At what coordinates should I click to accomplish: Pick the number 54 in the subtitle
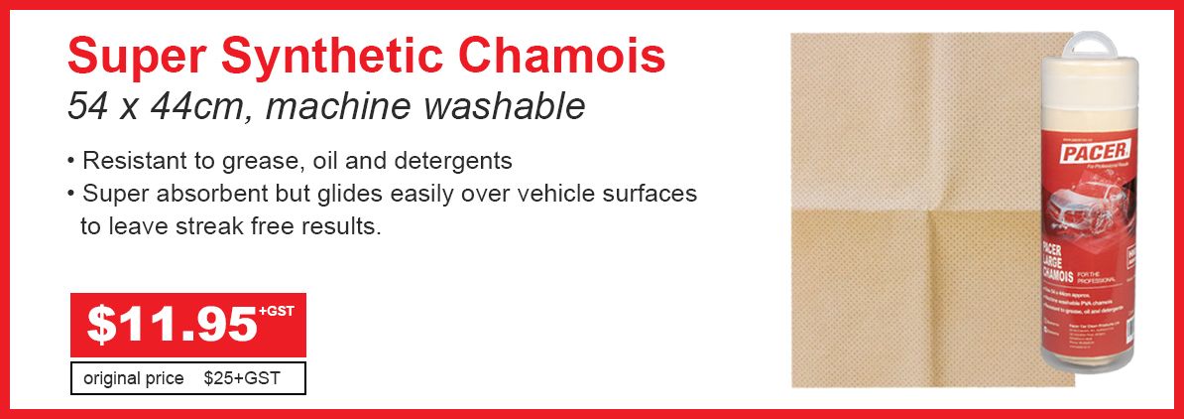pyautogui.click(x=87, y=107)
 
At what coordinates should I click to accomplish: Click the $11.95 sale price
pyautogui.click(x=172, y=326)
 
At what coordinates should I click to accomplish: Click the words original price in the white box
pyautogui.click(x=133, y=378)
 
